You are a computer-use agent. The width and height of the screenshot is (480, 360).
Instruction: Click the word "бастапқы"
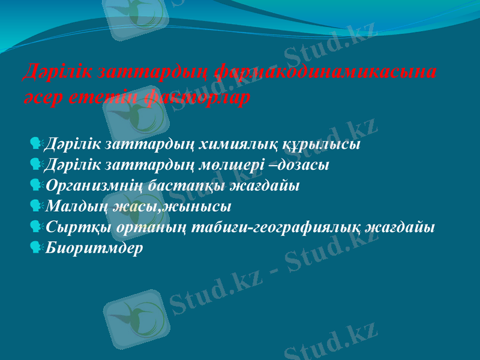185,185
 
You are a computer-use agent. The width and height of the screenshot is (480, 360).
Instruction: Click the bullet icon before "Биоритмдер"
36,247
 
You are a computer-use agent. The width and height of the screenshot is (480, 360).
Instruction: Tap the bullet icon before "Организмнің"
36,184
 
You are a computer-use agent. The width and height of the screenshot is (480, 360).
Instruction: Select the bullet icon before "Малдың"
36,206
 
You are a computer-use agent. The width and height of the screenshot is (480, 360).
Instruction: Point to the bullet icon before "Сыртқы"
36,227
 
